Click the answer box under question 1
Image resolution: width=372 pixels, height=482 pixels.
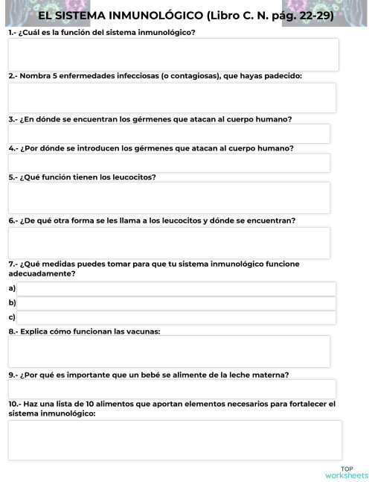click(x=173, y=54)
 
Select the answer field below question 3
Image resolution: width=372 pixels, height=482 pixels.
click(x=169, y=134)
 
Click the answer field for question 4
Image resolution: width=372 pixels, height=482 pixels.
click(x=169, y=163)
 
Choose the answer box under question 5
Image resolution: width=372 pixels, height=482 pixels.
click(x=169, y=197)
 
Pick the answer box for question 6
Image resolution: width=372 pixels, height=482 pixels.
click(x=169, y=243)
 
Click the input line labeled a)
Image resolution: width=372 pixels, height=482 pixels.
click(x=176, y=289)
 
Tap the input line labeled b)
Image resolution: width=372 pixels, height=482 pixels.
click(x=176, y=303)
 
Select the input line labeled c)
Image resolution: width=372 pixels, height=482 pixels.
click(x=176, y=317)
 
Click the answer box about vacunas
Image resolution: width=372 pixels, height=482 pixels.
click(x=169, y=352)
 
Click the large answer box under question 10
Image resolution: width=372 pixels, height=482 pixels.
click(x=175, y=440)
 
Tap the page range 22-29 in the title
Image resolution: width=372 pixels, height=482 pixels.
click(x=312, y=15)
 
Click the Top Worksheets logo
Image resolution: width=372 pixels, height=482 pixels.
click(x=347, y=472)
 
